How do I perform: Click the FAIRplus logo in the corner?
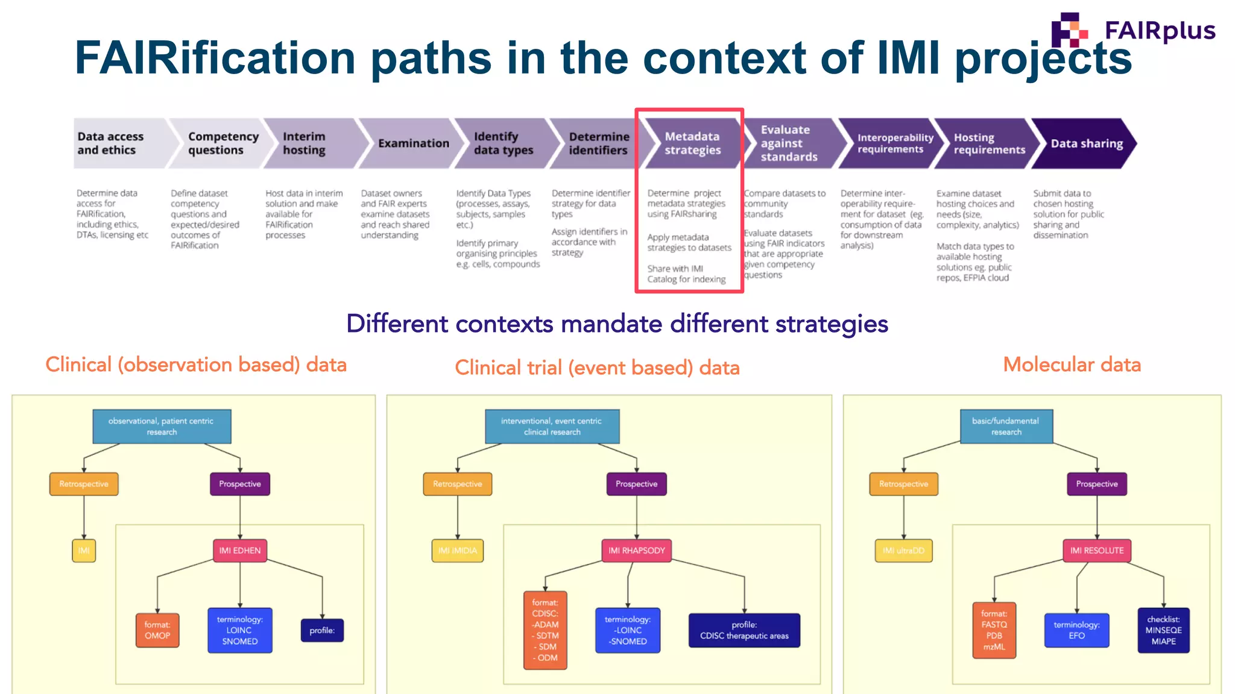point(1132,30)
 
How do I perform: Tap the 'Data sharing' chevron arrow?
point(1085,143)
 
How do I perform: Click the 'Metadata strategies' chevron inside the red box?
point(692,143)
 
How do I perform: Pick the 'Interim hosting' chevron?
point(311,143)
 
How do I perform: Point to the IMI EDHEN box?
point(239,551)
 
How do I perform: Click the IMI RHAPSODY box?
point(636,551)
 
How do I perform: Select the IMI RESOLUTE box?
point(1096,551)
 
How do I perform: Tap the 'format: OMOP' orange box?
point(157,630)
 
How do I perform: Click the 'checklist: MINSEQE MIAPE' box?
point(1163,630)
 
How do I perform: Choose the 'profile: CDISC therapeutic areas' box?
point(744,630)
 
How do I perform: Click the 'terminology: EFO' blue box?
point(1076,630)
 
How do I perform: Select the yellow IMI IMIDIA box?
point(457,551)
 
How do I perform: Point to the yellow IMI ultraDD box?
point(903,551)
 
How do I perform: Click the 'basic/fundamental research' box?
point(1006,427)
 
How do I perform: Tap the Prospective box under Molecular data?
point(1096,484)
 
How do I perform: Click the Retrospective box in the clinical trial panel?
point(457,484)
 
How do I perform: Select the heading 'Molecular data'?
point(1072,364)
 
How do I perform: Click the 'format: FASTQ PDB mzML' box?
point(994,630)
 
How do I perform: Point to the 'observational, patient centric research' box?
point(161,427)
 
